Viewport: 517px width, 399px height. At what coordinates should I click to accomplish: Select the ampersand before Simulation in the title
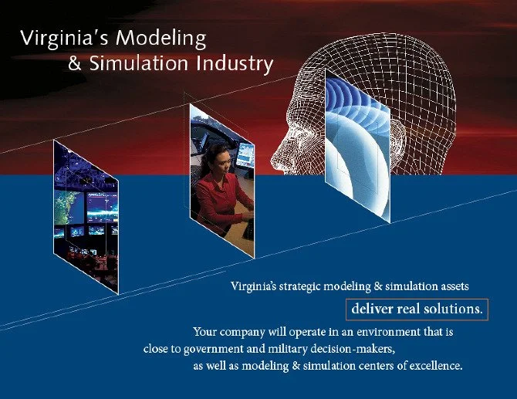(75, 63)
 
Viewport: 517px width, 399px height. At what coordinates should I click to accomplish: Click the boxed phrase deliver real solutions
(417, 309)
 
